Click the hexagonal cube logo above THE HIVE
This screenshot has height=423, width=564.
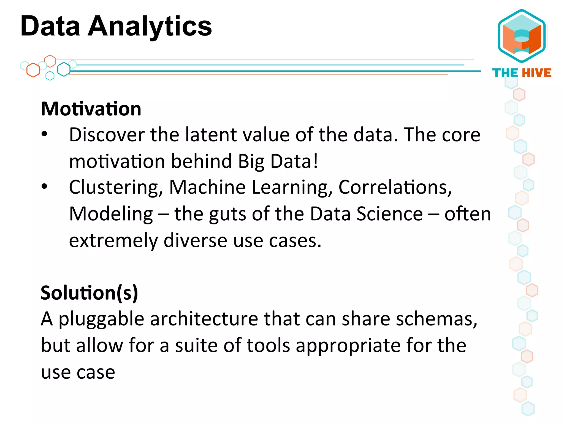tap(522, 36)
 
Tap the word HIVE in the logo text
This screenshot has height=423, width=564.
tap(537, 73)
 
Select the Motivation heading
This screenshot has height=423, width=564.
tap(91, 109)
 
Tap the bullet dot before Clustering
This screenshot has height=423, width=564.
tap(44, 187)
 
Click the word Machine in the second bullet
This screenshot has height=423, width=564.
tap(207, 187)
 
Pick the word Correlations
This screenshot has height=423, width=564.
tap(395, 188)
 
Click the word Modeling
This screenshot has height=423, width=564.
tap(111, 214)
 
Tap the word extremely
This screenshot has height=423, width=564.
tap(113, 240)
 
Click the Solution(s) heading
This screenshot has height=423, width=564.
tap(89, 292)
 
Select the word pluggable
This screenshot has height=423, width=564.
tap(101, 319)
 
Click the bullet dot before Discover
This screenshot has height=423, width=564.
tap(44, 134)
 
